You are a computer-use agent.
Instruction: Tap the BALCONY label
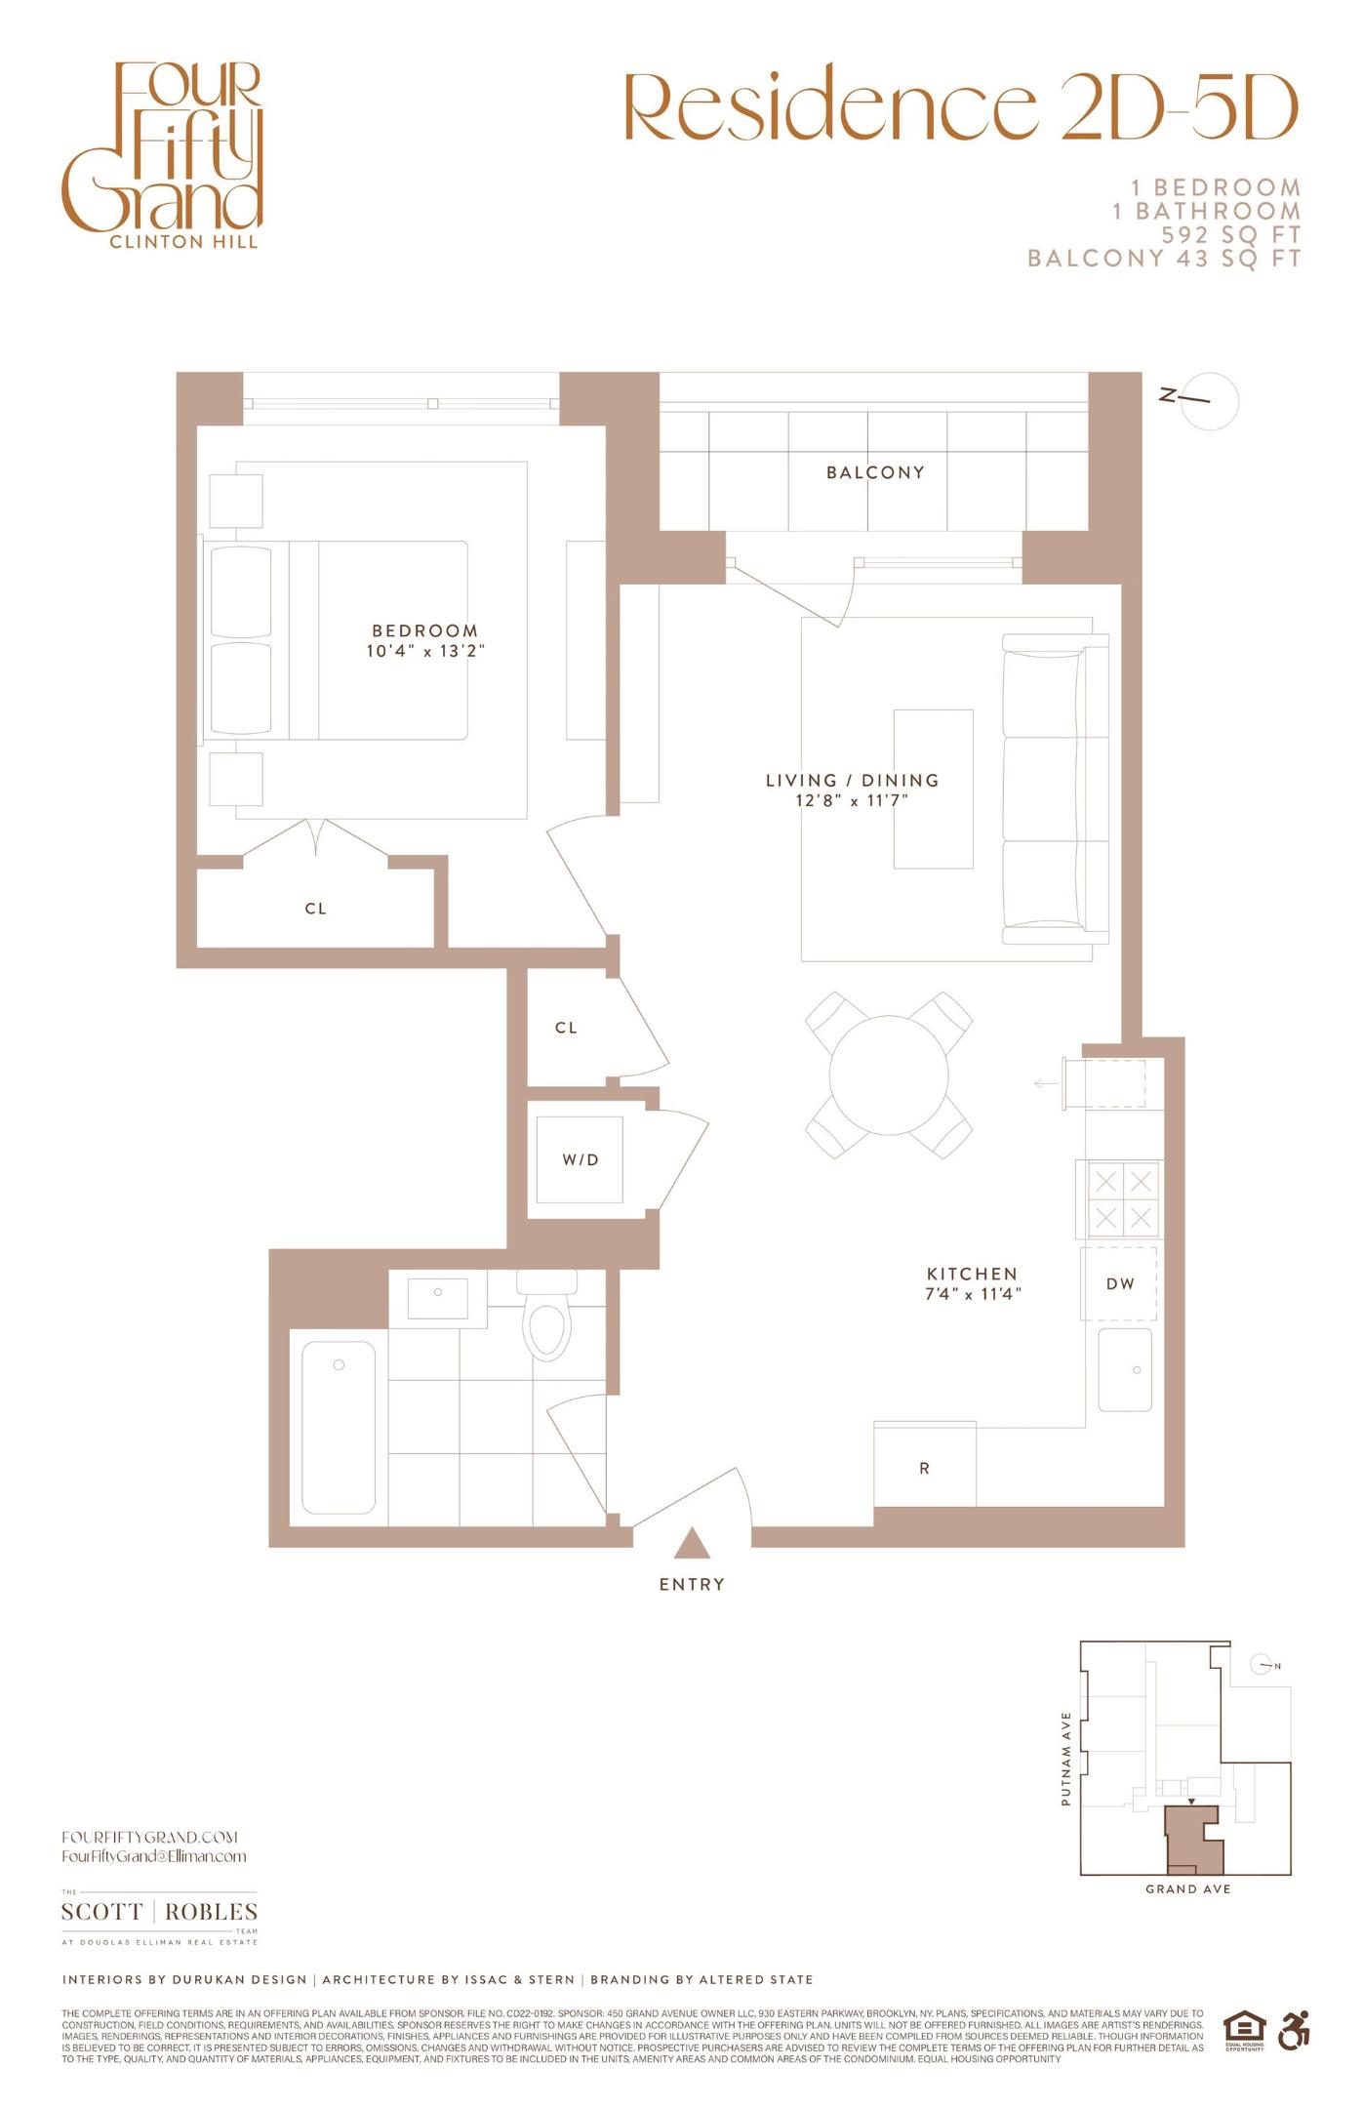pos(875,472)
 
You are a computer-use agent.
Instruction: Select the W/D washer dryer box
pos(580,1159)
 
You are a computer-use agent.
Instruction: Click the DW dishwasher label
pos(1120,1284)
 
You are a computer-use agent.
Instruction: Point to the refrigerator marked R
pos(924,1468)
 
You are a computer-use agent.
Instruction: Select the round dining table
pos(888,1075)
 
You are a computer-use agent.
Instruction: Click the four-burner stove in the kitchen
pos(1123,1199)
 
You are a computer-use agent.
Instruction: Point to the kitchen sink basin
pos(1125,1370)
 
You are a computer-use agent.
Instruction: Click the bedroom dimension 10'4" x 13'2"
pos(425,651)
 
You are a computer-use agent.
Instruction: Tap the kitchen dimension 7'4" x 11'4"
pos(973,1294)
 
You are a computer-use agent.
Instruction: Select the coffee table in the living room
pos(934,789)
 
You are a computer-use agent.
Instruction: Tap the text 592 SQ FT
pos(1230,235)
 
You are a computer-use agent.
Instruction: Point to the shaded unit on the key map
pos(1192,1840)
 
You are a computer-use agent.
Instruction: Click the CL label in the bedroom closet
pos(315,909)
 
